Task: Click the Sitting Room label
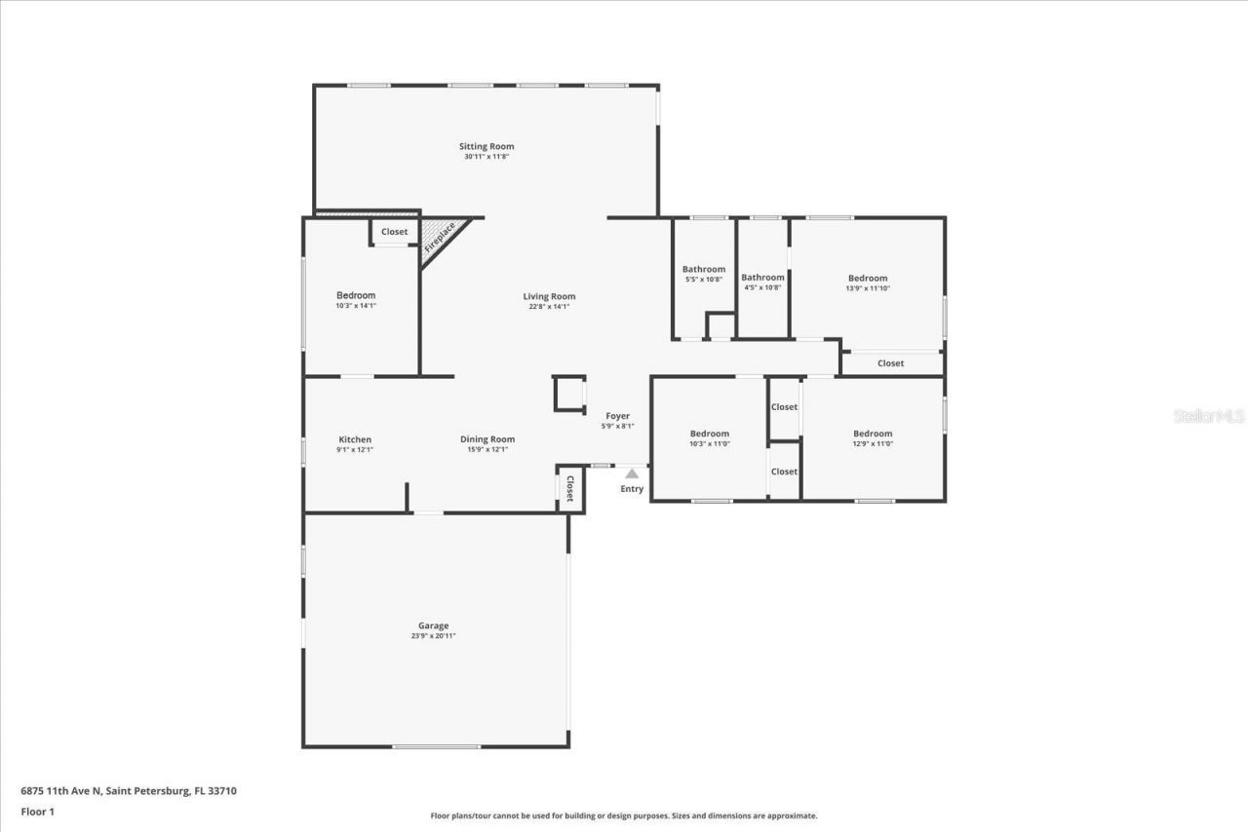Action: (487, 146)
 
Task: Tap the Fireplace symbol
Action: (441, 238)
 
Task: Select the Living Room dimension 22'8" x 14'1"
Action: (549, 307)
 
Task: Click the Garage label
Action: (433, 625)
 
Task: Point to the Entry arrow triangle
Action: (632, 473)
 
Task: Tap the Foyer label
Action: (617, 416)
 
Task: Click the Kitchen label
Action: (355, 439)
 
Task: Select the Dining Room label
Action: (487, 439)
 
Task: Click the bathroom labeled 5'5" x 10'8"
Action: (704, 274)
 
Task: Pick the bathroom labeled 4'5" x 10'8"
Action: (762, 282)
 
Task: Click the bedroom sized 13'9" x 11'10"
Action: (868, 283)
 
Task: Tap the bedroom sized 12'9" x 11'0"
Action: (873, 438)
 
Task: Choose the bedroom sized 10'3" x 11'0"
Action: (709, 438)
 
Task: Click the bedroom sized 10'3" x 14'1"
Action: (356, 300)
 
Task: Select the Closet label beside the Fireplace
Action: (394, 232)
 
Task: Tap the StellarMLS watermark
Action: (1209, 416)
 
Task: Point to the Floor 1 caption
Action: (38, 812)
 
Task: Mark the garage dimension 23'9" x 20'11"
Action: (433, 636)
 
